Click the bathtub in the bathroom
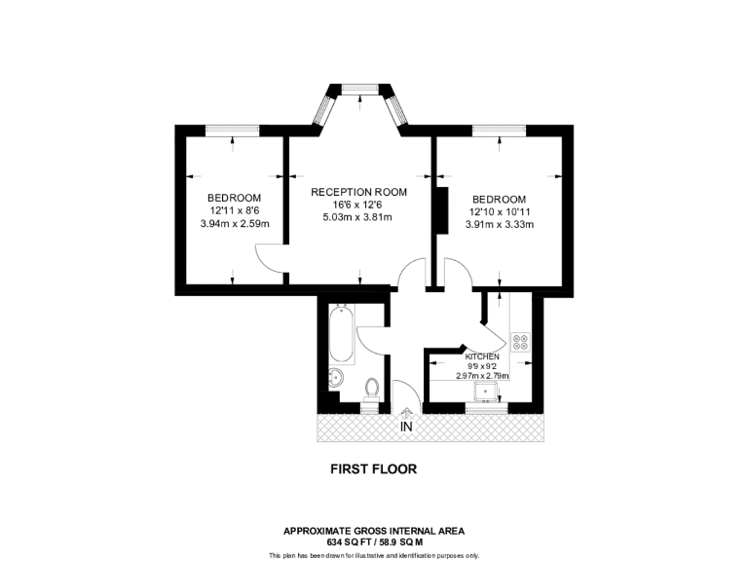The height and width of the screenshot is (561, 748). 342,333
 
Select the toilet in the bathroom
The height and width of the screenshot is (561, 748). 370,389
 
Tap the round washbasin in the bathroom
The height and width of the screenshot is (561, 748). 336,378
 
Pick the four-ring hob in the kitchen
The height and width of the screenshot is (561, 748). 520,341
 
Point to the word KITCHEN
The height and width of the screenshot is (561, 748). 482,356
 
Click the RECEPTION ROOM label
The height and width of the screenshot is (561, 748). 358,192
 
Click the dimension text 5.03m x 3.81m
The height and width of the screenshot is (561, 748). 357,217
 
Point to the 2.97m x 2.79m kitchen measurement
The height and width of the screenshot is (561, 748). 482,376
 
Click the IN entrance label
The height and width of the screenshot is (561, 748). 405,427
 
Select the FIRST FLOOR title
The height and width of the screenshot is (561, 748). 374,468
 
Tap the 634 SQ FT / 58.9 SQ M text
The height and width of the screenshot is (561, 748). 374,542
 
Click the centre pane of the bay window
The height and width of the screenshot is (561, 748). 359,89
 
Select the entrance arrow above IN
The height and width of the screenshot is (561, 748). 405,413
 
